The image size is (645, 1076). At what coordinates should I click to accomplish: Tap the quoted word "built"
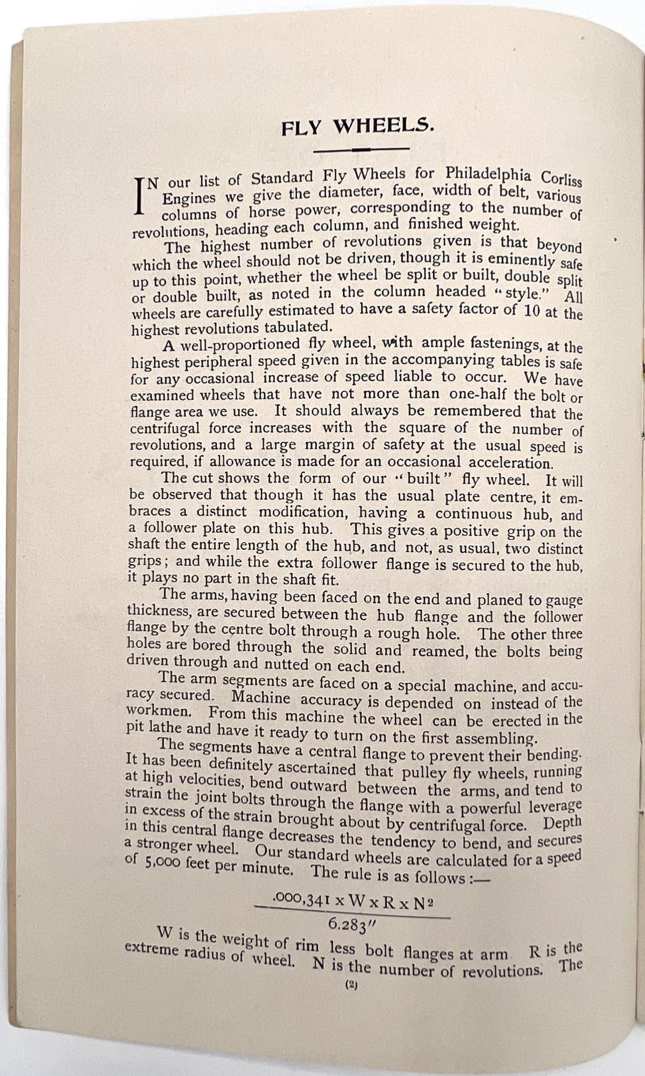(410, 478)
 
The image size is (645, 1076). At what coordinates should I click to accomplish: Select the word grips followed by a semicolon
(144, 561)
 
